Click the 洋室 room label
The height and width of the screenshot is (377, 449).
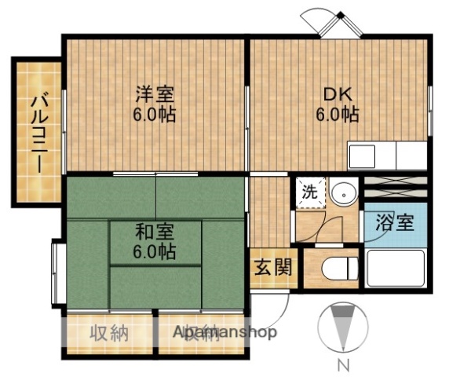click(154, 93)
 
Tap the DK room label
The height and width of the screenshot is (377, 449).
click(338, 93)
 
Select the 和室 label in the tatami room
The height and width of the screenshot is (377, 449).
click(154, 232)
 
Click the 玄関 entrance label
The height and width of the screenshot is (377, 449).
click(273, 266)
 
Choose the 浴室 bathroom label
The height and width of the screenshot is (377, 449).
click(394, 222)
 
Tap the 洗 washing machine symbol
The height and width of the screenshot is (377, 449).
click(309, 192)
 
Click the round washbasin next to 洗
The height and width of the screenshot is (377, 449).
click(341, 192)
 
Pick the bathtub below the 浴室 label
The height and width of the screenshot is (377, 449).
click(396, 270)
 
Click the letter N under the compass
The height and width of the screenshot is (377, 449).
click(342, 364)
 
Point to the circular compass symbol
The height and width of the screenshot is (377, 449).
click(342, 327)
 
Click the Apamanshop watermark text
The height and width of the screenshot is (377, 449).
click(225, 331)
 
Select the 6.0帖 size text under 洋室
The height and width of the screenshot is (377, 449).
click(154, 114)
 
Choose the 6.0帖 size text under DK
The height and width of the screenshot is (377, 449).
click(338, 114)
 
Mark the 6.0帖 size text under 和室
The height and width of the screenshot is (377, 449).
click(154, 253)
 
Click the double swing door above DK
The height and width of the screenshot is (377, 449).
click(331, 22)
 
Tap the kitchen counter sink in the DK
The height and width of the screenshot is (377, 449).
click(372, 154)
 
